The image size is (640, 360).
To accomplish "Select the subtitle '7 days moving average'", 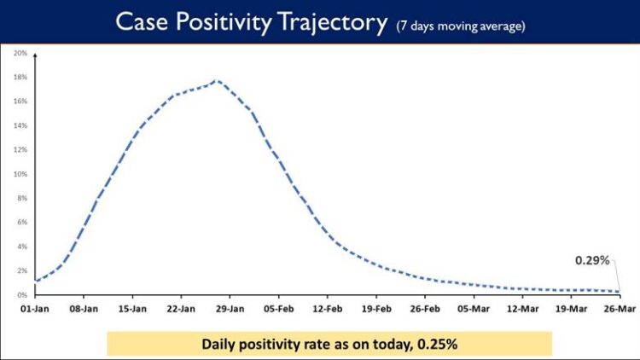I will pos(461,26).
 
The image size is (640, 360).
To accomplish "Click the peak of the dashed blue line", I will pos(217,81).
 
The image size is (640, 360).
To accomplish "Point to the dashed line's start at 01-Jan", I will pos(35,281).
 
